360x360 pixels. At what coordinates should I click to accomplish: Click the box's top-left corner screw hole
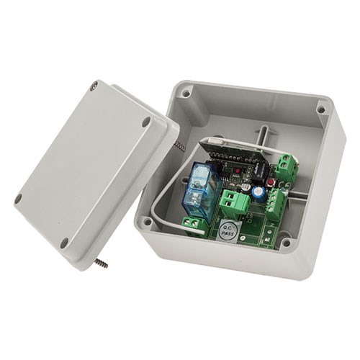[186, 93]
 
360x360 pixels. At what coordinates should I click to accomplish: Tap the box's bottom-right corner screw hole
[286, 243]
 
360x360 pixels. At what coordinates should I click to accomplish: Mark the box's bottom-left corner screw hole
[148, 222]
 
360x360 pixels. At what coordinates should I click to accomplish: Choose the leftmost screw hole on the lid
[19, 199]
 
